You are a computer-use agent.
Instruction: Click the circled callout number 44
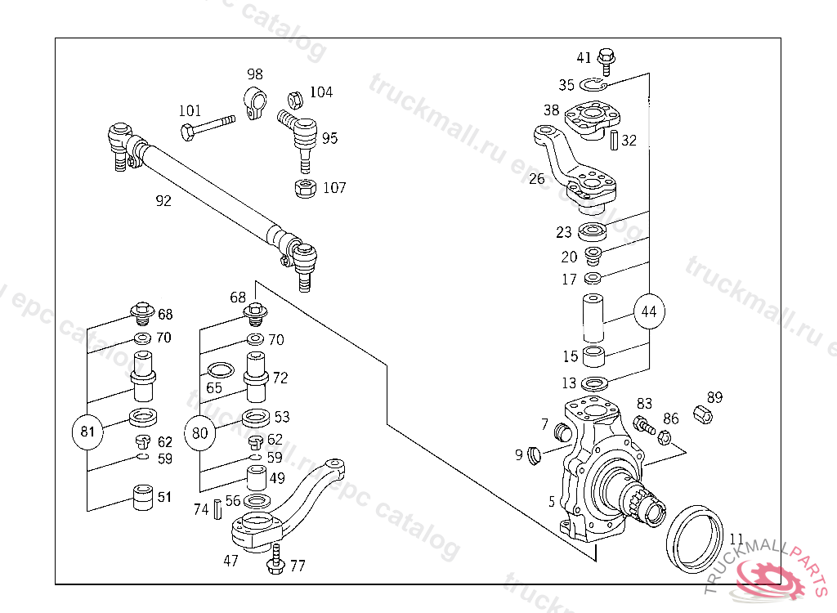[x=648, y=311]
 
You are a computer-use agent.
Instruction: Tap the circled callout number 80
[x=199, y=432]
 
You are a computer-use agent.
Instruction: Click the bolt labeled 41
[x=606, y=58]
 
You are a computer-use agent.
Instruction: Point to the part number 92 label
[x=163, y=200]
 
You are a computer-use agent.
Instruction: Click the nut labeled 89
[x=702, y=414]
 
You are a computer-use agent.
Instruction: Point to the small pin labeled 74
[x=218, y=509]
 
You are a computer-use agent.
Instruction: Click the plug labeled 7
[x=562, y=431]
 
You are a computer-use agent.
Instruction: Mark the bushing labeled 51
[x=143, y=496]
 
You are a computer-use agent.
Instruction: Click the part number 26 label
[x=536, y=178]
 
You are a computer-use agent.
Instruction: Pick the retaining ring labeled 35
[x=593, y=84]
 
